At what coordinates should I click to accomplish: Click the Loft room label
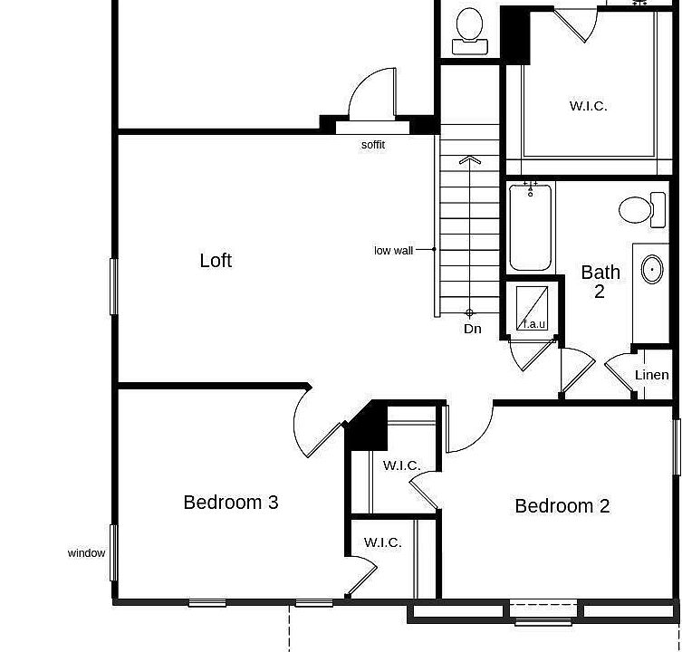pos(216,261)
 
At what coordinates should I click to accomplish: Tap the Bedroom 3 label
pos(230,502)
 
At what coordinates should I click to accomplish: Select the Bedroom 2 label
pos(562,505)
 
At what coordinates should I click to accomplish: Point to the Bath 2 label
pos(600,281)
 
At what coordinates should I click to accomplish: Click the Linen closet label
pos(651,375)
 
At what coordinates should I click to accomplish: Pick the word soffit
pos(373,145)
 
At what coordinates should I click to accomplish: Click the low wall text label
pos(394,250)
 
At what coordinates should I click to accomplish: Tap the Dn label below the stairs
pos(473,329)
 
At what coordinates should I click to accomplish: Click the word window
pos(86,553)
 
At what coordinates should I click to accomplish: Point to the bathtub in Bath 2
pos(530,226)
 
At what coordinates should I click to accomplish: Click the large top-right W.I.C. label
pos(588,106)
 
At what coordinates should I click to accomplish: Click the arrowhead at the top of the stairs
pos(469,160)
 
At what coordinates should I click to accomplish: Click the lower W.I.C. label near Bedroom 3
pos(383,542)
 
